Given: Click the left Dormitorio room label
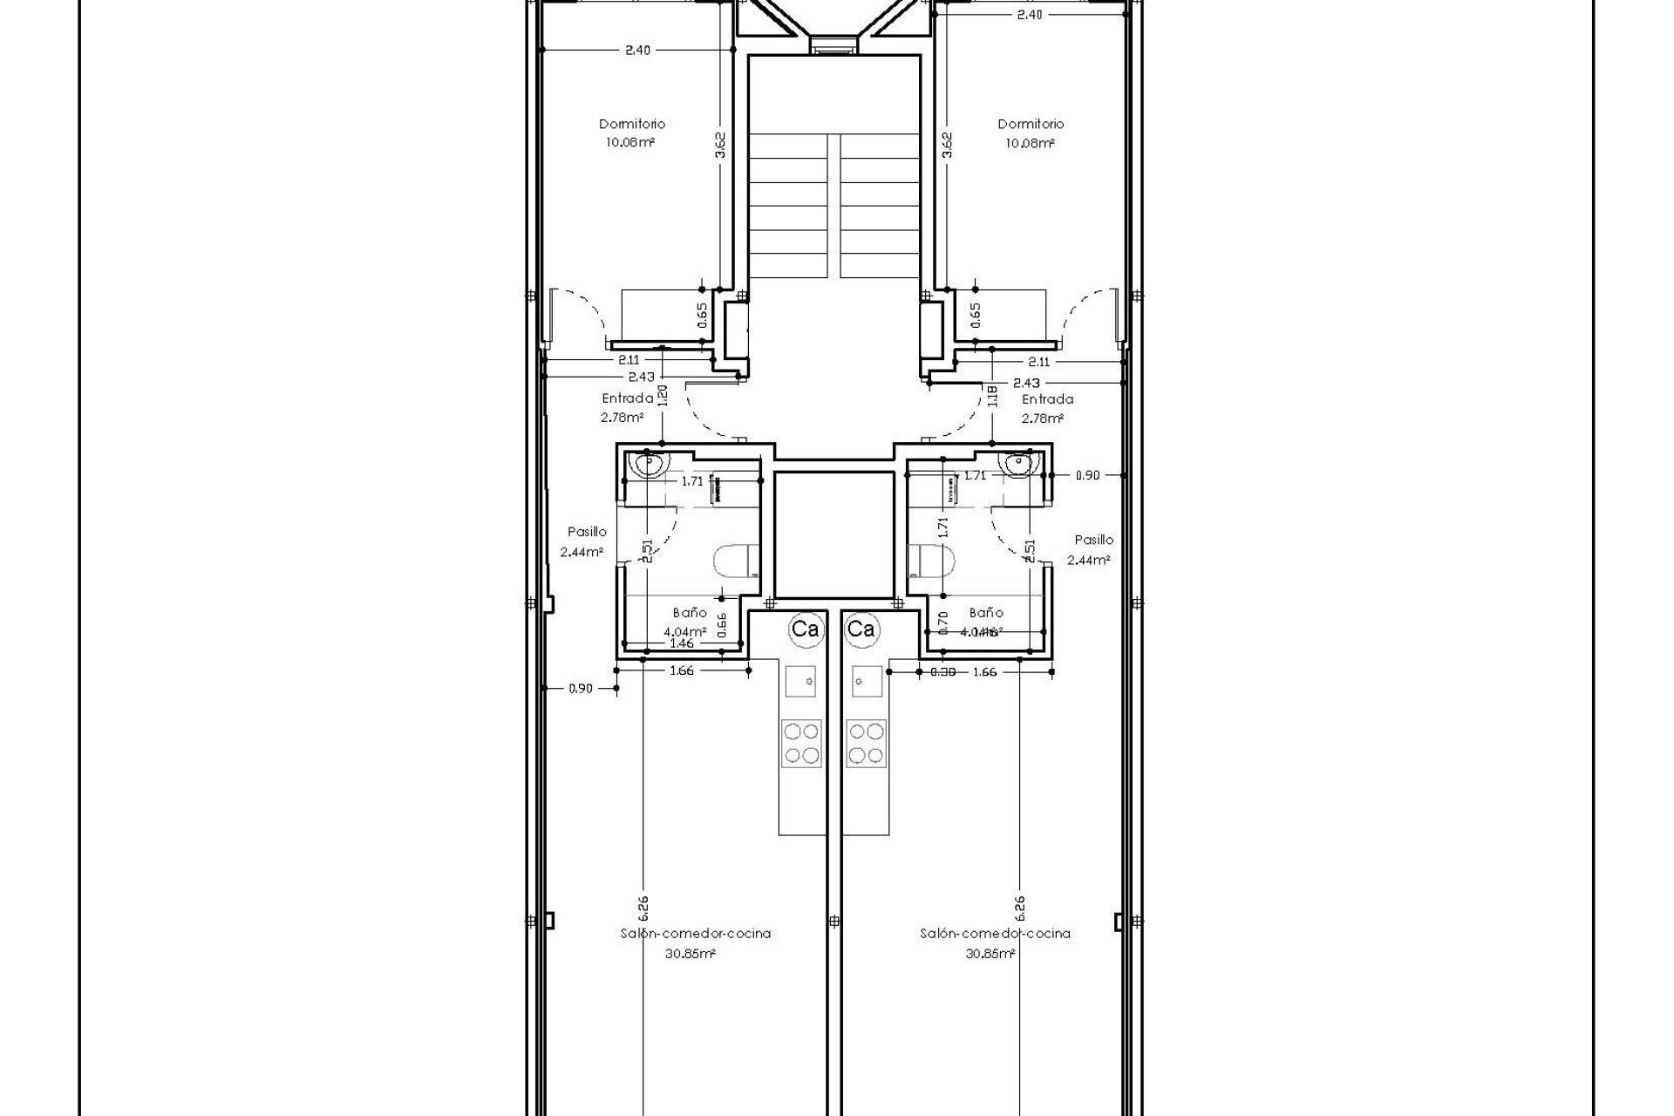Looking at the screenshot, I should (x=631, y=124).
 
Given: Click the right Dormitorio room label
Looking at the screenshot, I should (x=1031, y=124).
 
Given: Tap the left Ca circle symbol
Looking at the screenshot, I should (x=804, y=629).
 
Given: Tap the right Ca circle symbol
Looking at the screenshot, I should (x=861, y=629).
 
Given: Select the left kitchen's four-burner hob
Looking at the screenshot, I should (x=801, y=743).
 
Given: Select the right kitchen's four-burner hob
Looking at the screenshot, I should (x=866, y=743).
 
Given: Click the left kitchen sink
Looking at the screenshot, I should (x=801, y=680).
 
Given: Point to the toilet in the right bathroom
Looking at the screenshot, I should (x=931, y=561).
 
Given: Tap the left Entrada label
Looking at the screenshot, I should (x=627, y=398).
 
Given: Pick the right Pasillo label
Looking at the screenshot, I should (x=1093, y=540).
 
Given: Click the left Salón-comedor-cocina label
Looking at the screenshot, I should (x=695, y=933).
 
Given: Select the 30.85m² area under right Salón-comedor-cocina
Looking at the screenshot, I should (x=995, y=954).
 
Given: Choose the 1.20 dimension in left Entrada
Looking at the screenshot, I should (x=663, y=397).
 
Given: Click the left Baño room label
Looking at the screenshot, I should (x=689, y=613).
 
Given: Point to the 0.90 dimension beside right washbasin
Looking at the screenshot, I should (x=1087, y=475).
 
